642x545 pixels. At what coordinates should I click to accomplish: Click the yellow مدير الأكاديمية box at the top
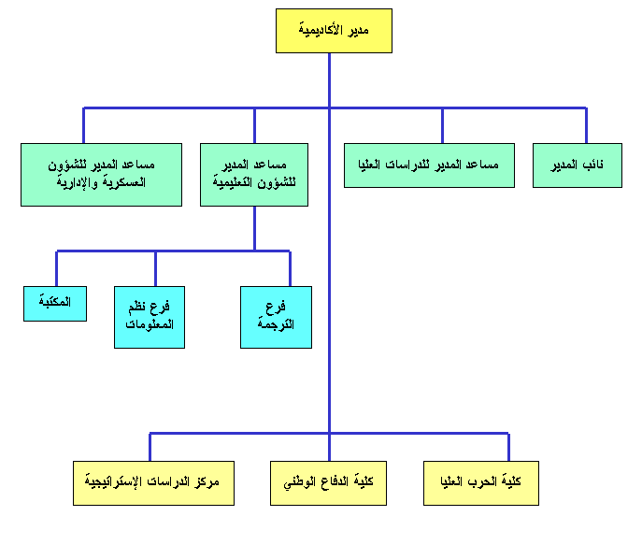tap(334, 31)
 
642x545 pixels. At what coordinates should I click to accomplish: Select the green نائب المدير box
tap(577, 165)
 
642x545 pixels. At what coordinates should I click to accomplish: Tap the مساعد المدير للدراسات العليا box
tap(429, 165)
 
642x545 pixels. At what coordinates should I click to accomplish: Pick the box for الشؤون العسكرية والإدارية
tap(101, 174)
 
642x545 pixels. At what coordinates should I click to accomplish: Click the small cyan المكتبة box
tap(55, 303)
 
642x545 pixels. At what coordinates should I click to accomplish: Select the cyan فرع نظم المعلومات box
tap(150, 317)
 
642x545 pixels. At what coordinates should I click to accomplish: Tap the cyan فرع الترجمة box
tap(276, 317)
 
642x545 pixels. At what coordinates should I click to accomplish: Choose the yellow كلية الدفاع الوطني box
tap(328, 482)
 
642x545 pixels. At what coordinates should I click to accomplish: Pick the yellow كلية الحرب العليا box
tap(480, 482)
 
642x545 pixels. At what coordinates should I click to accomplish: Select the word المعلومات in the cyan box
tap(150, 324)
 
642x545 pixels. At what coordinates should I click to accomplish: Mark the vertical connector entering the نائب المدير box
tap(587, 125)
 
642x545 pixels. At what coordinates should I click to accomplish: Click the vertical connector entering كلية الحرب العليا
tap(508, 446)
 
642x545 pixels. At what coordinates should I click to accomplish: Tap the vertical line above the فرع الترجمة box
tap(290, 268)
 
